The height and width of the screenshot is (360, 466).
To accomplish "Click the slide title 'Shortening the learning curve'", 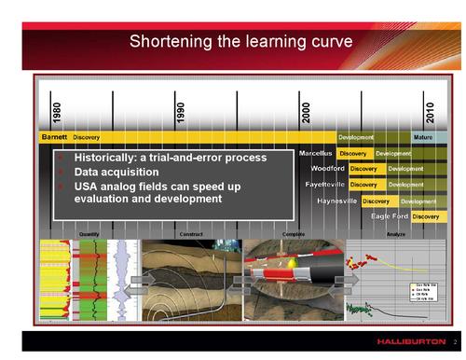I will pos(240,42).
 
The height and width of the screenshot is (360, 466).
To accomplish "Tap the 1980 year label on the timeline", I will pos(57,113).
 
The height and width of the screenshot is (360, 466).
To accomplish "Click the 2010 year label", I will pos(430,110).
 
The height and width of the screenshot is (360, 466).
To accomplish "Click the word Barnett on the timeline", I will pos(54,137).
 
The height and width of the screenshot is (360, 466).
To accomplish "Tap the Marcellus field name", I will pos(316,153).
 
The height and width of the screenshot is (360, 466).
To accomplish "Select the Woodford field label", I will pos(327,169).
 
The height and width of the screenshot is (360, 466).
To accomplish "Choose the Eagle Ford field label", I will pos(390,216).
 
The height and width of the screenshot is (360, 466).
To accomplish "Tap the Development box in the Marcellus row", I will pos(393,153).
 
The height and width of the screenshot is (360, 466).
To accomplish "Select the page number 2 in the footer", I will pos(454,342).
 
